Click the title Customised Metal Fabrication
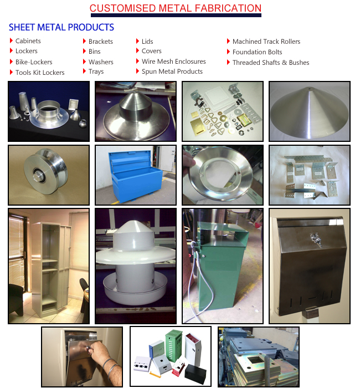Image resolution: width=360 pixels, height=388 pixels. tap(176, 8)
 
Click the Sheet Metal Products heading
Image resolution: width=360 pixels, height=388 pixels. tap(61, 27)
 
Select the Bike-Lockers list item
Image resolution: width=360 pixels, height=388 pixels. tap(34, 62)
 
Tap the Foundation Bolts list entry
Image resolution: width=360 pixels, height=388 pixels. tap(257, 52)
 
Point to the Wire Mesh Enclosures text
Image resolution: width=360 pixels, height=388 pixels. tap(173, 62)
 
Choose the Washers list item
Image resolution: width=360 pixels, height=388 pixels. tap(101, 62)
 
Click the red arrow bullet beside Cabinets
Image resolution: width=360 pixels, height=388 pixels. tap(11, 40)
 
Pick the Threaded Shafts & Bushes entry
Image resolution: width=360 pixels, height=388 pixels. tap(271, 62)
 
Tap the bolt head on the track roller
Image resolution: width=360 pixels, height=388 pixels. tap(39, 176)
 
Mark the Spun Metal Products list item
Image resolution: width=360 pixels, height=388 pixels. tap(172, 72)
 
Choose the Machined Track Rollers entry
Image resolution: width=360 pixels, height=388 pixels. tap(266, 42)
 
